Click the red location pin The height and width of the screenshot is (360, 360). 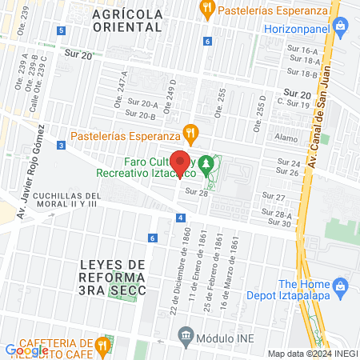pyautogui.click(x=181, y=161)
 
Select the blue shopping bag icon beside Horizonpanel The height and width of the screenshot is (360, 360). pyautogui.click(x=342, y=26)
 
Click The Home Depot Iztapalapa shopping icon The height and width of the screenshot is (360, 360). pyautogui.click(x=341, y=286)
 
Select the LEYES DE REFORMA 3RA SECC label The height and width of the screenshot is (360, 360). pyautogui.click(x=113, y=277)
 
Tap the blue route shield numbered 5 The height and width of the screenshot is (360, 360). pyautogui.click(x=62, y=30)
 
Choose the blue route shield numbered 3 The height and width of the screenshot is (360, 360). pyautogui.click(x=61, y=145)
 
